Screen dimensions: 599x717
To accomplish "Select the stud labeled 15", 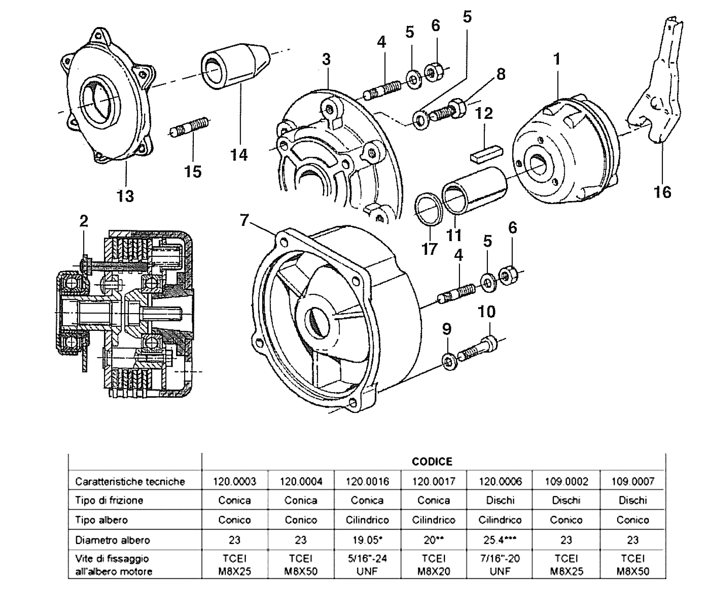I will [x=190, y=127].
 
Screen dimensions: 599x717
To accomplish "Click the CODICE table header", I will [x=432, y=461].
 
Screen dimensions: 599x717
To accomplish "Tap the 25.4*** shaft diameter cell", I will [x=500, y=540].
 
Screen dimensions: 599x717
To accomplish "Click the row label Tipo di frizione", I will [x=109, y=500].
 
